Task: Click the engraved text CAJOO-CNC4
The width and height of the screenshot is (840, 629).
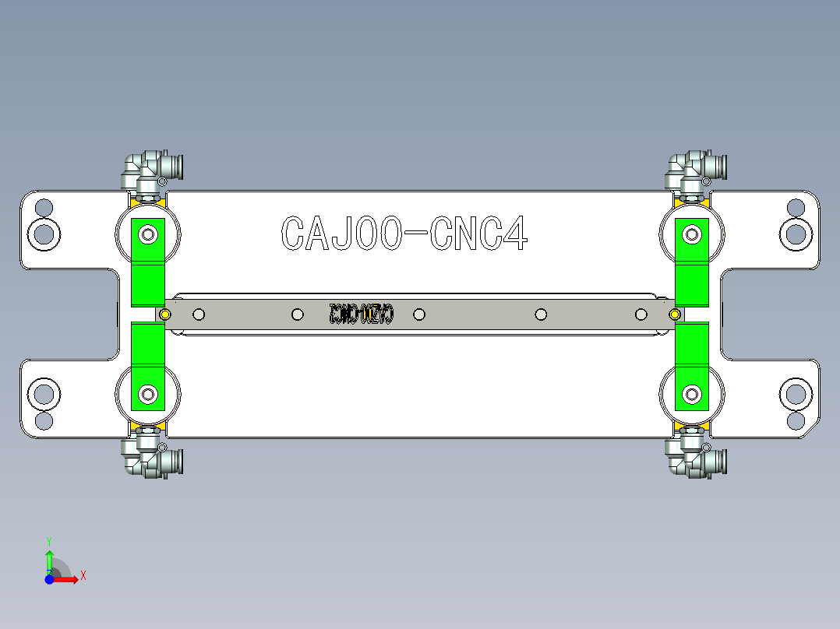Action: tap(404, 233)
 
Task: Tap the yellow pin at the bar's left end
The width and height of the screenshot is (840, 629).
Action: tap(165, 314)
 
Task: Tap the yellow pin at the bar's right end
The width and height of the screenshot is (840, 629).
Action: tap(675, 314)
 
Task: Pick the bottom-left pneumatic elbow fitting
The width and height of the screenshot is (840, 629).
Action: tap(153, 456)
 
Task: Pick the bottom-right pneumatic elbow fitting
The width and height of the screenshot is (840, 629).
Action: tap(697, 456)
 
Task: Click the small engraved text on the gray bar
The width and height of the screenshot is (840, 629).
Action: tap(362, 314)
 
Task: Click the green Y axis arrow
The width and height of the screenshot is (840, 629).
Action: tap(49, 560)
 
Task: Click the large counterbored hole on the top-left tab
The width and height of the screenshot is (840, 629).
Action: tap(44, 233)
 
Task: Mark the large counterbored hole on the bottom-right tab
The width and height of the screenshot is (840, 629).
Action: tap(796, 395)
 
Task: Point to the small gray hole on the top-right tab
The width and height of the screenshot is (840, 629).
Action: tap(796, 208)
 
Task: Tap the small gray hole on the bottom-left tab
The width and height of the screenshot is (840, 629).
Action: tap(44, 420)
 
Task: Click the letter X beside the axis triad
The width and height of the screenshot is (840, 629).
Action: tap(83, 575)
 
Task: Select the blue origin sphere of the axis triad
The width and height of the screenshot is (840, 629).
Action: tap(50, 579)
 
